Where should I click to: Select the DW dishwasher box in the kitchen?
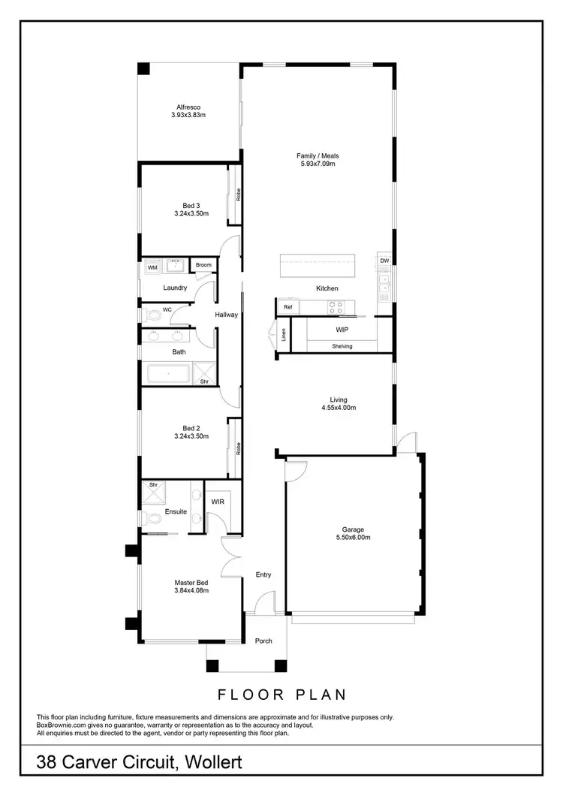click(x=384, y=261)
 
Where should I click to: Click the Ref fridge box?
click(x=288, y=307)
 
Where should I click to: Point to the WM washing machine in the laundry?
click(x=152, y=267)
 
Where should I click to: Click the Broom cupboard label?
click(x=203, y=265)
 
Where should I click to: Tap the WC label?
click(x=168, y=309)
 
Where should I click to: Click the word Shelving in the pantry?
click(x=342, y=346)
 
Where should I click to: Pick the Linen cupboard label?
click(x=284, y=336)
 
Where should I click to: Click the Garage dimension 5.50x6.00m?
click(x=353, y=538)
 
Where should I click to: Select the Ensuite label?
click(x=176, y=511)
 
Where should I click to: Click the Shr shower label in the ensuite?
click(x=153, y=485)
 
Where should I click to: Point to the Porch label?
click(x=263, y=641)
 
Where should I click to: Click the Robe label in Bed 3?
click(x=238, y=194)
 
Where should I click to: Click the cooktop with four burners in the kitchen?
click(x=336, y=306)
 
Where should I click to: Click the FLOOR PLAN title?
click(x=281, y=695)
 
